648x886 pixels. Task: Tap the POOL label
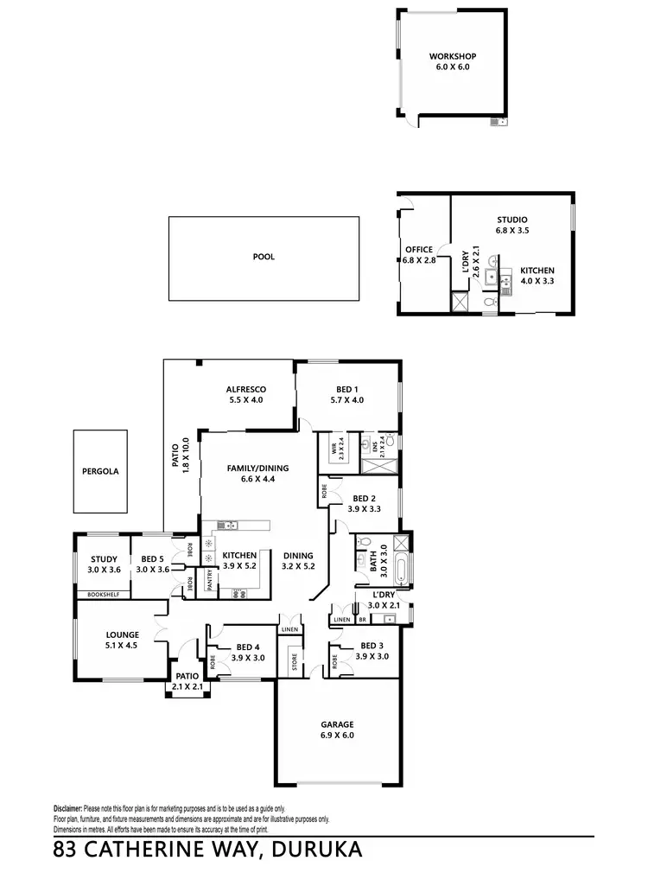[x=264, y=257]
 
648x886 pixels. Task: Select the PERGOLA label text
[x=100, y=472]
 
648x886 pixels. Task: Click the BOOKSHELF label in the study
[x=102, y=595]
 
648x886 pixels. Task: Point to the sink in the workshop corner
[x=498, y=122]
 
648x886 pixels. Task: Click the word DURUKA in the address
[x=315, y=851]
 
